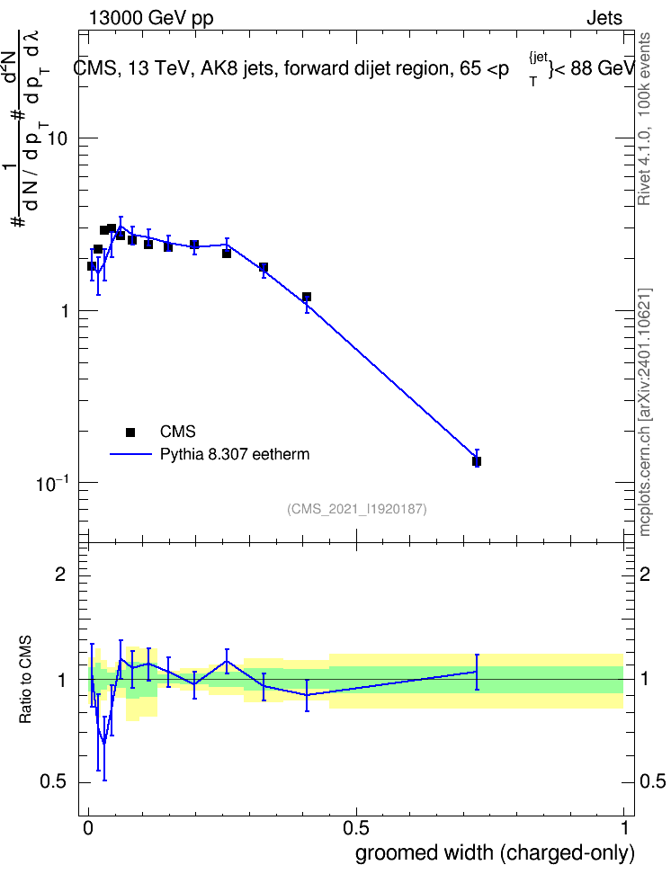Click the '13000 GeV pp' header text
coord(150,18)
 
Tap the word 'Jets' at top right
coord(604,18)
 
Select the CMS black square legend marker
coord(130,432)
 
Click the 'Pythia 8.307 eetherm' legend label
coord(235,454)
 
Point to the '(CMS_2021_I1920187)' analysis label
coord(357,509)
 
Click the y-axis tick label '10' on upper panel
coord(58,138)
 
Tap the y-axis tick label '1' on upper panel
coord(64,311)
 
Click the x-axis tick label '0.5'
coord(356,828)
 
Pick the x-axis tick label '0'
coord(88,828)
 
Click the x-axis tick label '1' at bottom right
coord(625,828)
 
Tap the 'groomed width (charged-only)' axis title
coord(495,853)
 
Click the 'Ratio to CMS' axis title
coord(25,680)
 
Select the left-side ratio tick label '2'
coord(60,575)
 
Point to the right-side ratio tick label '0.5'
coord(652,782)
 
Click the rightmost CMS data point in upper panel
coord(477,461)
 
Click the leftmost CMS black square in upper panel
coord(92,266)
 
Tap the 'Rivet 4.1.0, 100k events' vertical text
coord(644,119)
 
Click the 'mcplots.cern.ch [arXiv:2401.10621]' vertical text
coord(644,413)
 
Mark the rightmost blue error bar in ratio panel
coord(477,673)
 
